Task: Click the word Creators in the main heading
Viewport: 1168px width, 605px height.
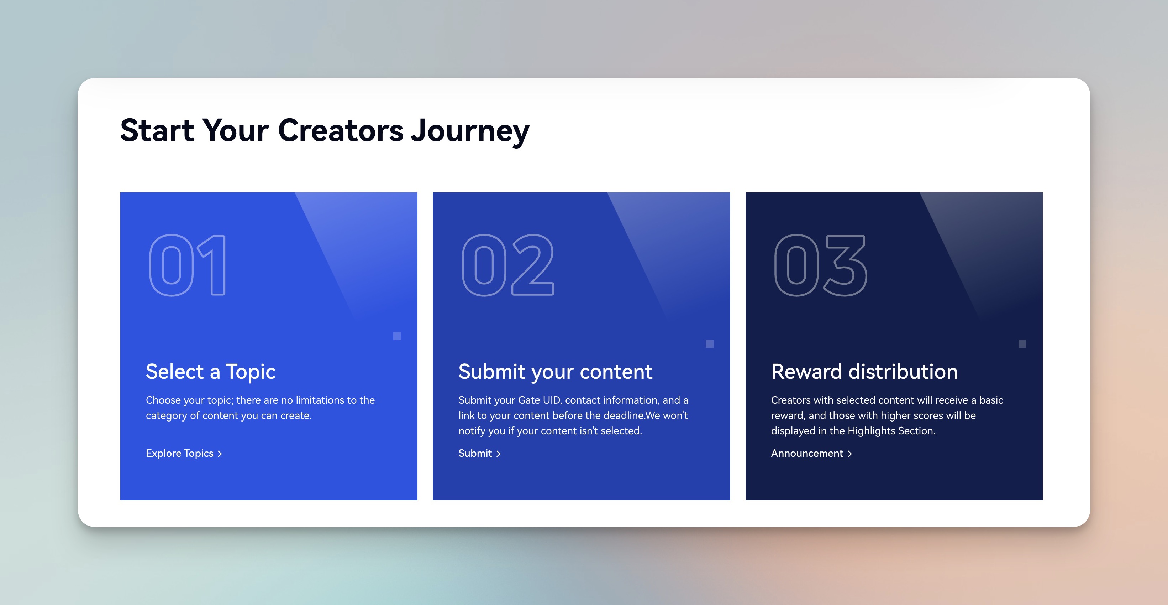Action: point(341,130)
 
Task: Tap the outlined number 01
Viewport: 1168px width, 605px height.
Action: point(187,265)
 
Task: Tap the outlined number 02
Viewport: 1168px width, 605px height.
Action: point(508,265)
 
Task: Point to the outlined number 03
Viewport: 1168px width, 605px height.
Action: point(821,265)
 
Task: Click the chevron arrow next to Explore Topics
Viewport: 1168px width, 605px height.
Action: point(220,454)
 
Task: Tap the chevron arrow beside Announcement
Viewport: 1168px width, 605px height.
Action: point(850,454)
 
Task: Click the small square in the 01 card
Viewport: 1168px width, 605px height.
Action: point(397,336)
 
